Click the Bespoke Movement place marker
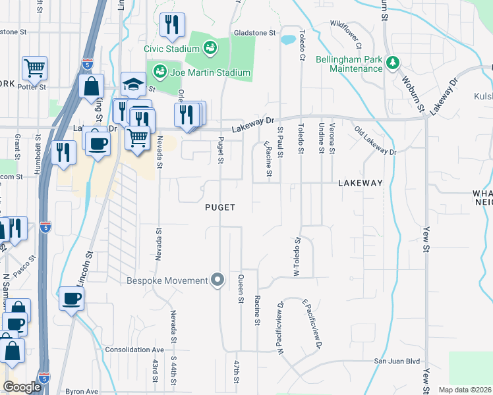218,280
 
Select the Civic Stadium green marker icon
210,47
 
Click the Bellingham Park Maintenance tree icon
393,63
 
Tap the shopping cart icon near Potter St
34,67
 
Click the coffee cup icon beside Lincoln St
71,298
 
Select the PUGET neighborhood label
220,207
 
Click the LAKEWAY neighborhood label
361,183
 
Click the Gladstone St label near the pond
254,32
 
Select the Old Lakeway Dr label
375,141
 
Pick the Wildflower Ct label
346,34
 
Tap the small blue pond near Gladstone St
288,39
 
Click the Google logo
22,388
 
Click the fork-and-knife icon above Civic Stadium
172,25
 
